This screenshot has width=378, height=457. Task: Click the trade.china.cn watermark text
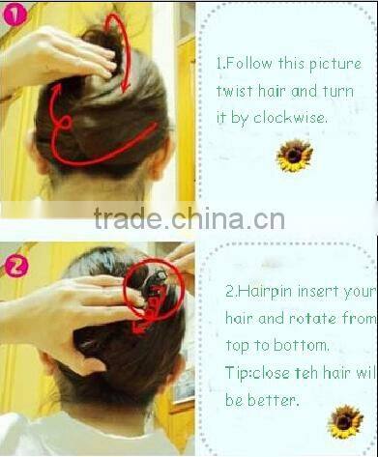[189, 219]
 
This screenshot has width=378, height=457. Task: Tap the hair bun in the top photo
[106, 48]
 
